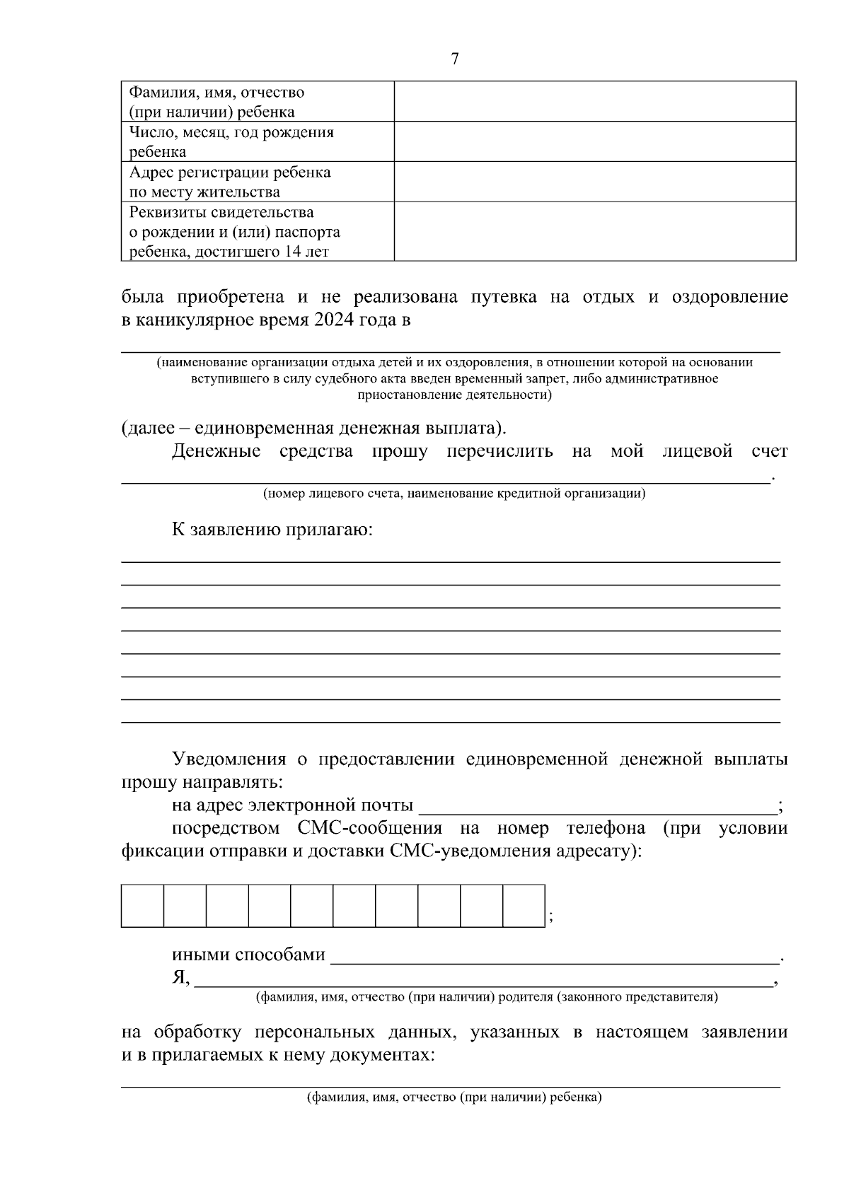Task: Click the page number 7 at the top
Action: tap(454, 59)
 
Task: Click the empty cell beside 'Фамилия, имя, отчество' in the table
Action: tap(594, 101)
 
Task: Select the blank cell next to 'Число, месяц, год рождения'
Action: tap(594, 141)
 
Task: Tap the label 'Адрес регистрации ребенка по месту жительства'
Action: tap(230, 182)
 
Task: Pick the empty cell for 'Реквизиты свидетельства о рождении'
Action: tap(594, 231)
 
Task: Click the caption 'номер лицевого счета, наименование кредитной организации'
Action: tap(454, 493)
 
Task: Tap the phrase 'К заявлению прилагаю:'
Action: tap(272, 530)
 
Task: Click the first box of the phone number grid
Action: tap(142, 905)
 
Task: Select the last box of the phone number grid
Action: tap(524, 905)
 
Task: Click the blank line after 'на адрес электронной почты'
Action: tap(598, 806)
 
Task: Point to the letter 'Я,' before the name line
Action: tap(180, 977)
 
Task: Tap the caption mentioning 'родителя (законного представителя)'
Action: tap(487, 997)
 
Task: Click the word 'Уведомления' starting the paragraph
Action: tap(229, 759)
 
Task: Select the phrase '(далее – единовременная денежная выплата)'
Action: tap(313, 429)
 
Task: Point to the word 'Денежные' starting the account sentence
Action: tap(216, 451)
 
